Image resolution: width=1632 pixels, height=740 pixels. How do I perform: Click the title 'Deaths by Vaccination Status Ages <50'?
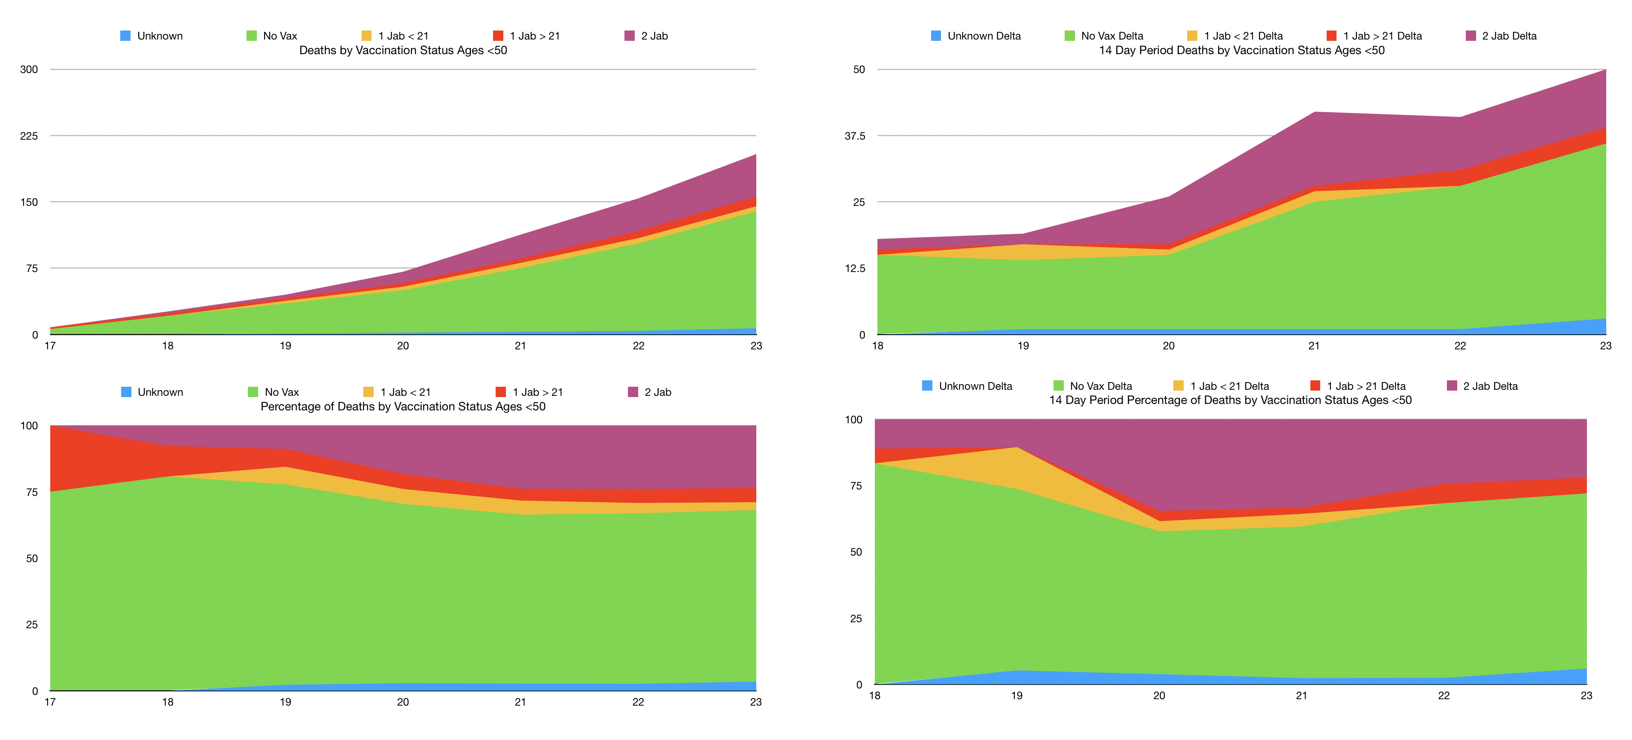pos(403,50)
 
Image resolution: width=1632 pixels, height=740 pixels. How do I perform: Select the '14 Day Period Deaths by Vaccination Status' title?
pos(1241,50)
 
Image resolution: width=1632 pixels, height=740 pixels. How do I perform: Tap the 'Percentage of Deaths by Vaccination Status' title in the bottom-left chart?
pos(403,407)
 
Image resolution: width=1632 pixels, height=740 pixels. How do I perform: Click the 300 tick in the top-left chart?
pos(29,69)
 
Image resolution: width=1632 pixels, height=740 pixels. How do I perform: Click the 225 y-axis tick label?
pos(29,136)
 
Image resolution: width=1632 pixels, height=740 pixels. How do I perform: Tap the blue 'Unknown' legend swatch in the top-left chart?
pos(125,36)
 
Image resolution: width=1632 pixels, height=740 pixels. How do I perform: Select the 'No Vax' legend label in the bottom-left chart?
pos(281,392)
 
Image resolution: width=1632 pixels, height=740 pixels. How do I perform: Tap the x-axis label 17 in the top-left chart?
pos(50,346)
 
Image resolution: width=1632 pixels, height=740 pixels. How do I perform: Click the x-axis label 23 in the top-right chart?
pos(1605,346)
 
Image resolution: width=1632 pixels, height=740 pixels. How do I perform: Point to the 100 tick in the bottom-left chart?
pos(29,425)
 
